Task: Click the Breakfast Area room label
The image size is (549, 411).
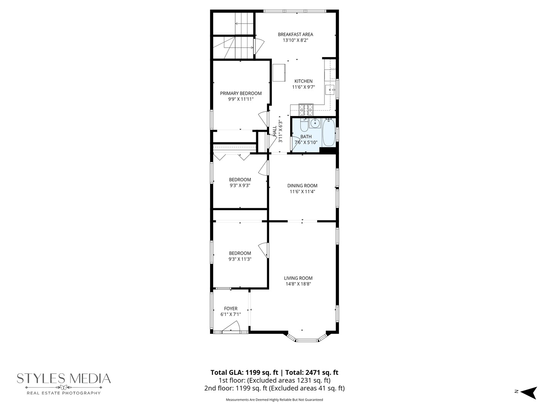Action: [x=295, y=35]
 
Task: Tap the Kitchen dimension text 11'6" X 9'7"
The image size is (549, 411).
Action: [x=303, y=87]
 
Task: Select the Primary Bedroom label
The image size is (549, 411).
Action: [x=241, y=94]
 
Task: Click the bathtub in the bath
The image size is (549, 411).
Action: [x=329, y=132]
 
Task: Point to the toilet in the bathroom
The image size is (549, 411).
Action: [x=304, y=125]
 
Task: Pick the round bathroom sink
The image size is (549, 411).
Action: [x=315, y=123]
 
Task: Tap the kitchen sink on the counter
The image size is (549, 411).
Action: [x=330, y=90]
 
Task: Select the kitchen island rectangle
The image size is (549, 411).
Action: [x=279, y=72]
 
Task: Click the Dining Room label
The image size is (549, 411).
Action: [x=302, y=186]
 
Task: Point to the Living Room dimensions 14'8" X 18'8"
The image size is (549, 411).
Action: [x=299, y=284]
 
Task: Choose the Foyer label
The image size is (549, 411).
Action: [x=231, y=309]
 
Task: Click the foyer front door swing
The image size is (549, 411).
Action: [x=231, y=327]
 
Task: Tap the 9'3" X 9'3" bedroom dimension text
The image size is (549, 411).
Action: [x=240, y=186]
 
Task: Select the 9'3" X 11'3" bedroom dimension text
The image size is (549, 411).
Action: [x=240, y=259]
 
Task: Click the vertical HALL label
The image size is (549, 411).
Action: [x=274, y=131]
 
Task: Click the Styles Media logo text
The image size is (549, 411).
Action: [x=64, y=379]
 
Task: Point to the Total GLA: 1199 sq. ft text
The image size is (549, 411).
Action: [x=244, y=373]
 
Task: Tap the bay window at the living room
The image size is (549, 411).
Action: [x=307, y=338]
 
